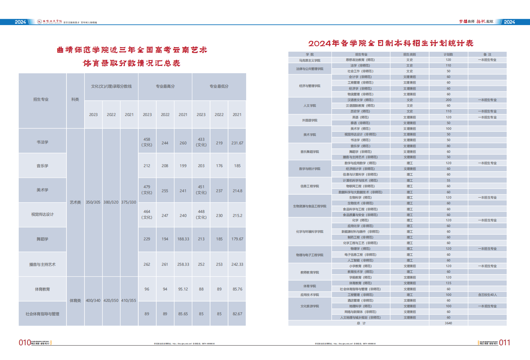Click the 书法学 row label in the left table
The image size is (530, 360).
42,142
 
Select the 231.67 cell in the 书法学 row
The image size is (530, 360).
237,143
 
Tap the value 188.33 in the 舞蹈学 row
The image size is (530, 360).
183,239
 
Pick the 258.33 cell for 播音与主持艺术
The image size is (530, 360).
183,264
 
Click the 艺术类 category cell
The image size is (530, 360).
75,202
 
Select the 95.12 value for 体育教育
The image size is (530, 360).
183,289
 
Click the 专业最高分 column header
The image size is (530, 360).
165,86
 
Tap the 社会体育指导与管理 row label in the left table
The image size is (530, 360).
42,314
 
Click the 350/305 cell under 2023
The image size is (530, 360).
93,202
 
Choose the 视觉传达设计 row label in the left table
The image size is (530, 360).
42,214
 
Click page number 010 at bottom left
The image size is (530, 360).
25,343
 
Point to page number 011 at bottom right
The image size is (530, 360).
505,343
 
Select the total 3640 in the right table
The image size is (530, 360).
449,323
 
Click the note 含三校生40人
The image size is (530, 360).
487,295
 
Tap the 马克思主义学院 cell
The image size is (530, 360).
310,61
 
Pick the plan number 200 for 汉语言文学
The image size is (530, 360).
449,100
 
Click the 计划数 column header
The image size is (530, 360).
449,54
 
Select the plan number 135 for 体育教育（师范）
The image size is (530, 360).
449,283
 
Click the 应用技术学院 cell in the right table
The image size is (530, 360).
310,295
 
